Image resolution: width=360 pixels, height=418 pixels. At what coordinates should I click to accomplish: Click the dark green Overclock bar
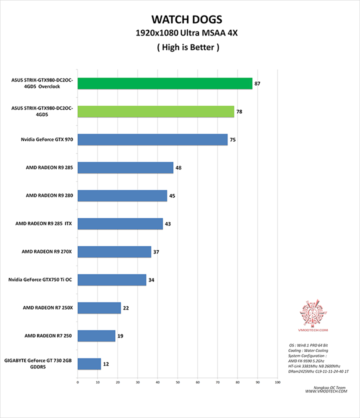click(165, 83)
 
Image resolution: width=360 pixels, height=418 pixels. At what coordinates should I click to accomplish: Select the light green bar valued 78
click(156, 111)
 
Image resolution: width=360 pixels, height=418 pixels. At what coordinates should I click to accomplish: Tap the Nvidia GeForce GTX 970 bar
click(152, 139)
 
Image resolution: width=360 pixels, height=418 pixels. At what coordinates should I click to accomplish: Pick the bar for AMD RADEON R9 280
click(122, 195)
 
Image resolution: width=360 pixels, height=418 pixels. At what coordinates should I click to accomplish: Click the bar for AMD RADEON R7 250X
click(99, 307)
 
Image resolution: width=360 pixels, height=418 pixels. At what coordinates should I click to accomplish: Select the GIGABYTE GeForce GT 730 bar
click(89, 363)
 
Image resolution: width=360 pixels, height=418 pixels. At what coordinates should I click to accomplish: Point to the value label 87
click(257, 83)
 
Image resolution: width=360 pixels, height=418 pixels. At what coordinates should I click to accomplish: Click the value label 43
click(168, 223)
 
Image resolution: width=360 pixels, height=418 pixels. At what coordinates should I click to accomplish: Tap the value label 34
click(151, 279)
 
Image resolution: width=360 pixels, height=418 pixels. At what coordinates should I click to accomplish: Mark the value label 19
click(120, 335)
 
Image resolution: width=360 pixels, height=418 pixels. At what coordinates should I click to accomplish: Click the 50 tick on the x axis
click(177, 382)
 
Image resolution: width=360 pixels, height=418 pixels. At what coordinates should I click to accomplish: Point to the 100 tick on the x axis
click(277, 382)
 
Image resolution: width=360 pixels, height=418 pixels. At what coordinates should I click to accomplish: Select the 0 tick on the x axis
click(78, 382)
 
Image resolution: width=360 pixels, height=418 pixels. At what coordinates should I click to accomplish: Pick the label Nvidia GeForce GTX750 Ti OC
click(40, 279)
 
